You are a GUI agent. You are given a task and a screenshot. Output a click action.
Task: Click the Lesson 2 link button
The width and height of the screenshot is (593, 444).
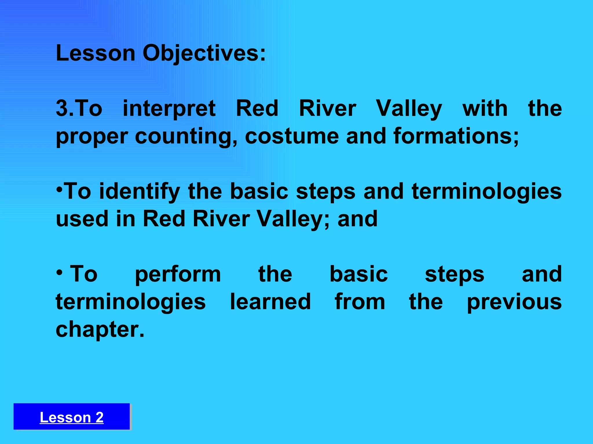(x=72, y=417)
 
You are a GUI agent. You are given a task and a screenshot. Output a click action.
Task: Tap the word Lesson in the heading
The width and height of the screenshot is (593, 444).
(x=96, y=53)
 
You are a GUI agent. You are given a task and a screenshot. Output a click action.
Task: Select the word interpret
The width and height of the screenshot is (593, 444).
(x=169, y=109)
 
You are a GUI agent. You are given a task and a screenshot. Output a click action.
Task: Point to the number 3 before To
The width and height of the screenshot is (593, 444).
(x=61, y=108)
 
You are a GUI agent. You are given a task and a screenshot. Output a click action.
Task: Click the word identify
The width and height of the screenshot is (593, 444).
(x=140, y=192)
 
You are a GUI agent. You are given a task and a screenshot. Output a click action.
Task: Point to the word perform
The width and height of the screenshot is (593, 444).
(x=178, y=275)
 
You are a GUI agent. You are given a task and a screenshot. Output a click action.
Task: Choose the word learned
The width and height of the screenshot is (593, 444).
(x=270, y=302)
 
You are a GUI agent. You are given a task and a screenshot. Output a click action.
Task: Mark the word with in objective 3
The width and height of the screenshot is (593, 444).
(x=485, y=108)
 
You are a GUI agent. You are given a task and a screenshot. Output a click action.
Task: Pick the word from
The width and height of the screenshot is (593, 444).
(x=360, y=302)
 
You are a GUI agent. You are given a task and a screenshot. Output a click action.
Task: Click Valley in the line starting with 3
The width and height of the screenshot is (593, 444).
(x=409, y=109)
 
